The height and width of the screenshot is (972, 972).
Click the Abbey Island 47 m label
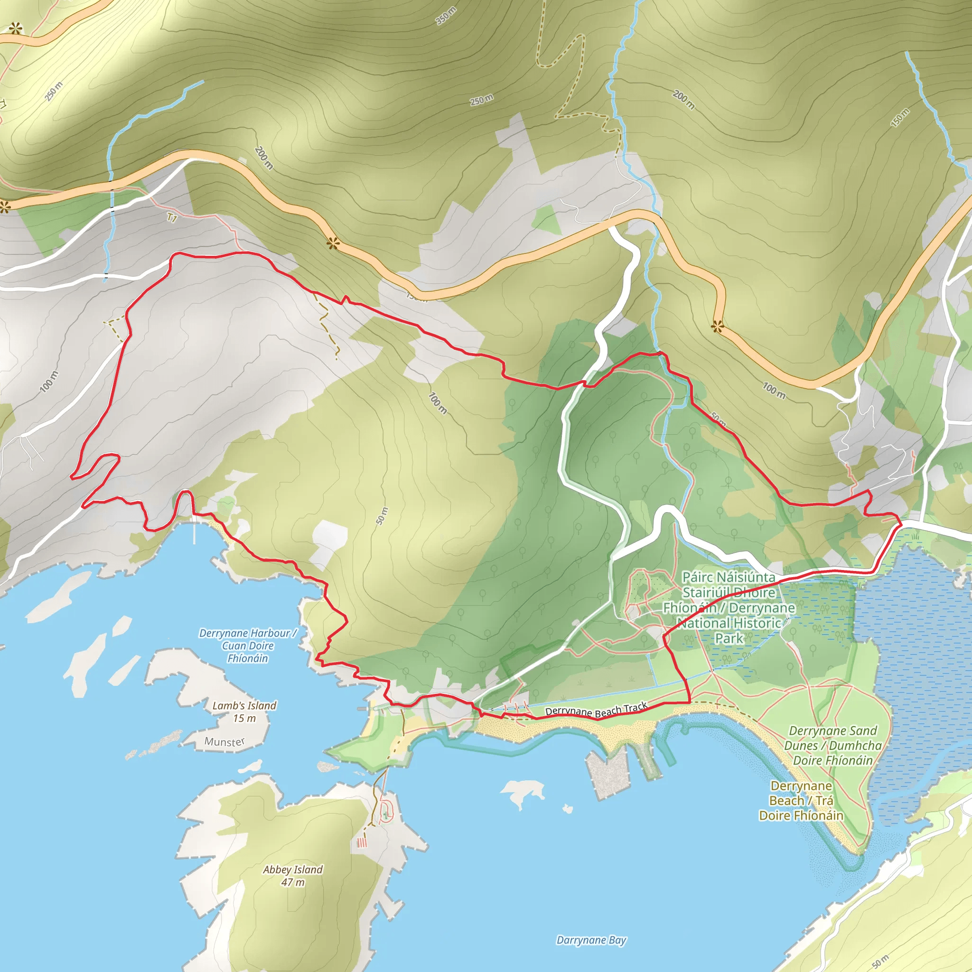[x=293, y=876]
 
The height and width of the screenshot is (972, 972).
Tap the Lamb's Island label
[x=244, y=705]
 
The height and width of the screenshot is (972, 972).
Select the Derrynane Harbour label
[x=248, y=645]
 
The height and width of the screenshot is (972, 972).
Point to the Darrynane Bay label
[x=591, y=940]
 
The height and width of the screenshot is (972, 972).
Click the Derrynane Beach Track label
[x=596, y=710]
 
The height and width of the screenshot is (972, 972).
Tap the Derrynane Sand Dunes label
[x=832, y=745]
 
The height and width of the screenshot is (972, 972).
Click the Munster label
[x=224, y=742]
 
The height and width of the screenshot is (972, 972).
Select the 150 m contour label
[x=900, y=118]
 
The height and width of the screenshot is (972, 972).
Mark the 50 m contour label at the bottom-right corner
[x=880, y=961]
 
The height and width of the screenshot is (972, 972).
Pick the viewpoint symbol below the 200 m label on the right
[x=718, y=327]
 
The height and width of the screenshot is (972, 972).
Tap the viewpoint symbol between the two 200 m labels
[x=332, y=244]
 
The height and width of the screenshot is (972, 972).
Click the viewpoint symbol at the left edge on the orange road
[x=5, y=206]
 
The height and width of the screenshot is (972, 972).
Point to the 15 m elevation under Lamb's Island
[x=244, y=718]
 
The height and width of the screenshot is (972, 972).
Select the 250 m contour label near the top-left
[x=54, y=91]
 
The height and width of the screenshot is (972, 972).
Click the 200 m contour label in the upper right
[x=684, y=99]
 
